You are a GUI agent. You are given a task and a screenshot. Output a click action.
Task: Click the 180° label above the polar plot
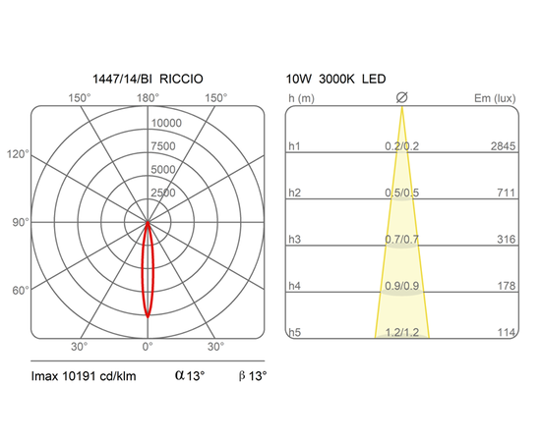[148, 98]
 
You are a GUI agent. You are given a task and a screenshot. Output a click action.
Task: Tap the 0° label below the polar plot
[148, 347]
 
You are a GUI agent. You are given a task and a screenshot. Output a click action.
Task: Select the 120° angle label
[18, 154]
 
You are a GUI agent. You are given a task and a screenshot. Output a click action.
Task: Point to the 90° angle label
[21, 222]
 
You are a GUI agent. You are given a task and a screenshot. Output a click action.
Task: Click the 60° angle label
[21, 291]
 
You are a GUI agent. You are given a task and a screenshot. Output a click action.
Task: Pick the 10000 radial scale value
[166, 123]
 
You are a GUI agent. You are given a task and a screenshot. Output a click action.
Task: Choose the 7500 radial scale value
[163, 146]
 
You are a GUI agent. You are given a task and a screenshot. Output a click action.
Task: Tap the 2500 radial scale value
[163, 193]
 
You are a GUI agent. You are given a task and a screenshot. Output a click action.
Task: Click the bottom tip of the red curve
[148, 317]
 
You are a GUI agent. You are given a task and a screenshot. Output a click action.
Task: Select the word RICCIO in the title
[182, 79]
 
